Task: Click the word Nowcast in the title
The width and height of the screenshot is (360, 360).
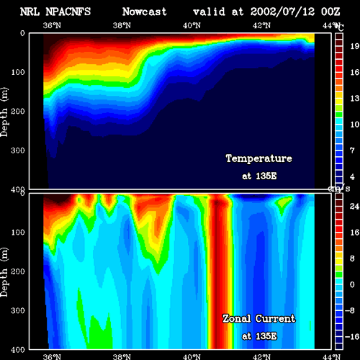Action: click(144, 12)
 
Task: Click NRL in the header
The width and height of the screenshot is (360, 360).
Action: click(30, 12)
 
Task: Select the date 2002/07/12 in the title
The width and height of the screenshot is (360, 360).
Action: click(282, 12)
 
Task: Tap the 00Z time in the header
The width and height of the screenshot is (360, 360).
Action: click(330, 12)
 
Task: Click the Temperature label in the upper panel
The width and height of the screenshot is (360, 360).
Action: click(259, 158)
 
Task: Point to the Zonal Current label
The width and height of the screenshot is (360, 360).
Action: click(259, 319)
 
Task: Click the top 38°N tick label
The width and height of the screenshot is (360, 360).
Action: click(122, 25)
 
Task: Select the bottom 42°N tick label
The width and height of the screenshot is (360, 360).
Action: click(261, 356)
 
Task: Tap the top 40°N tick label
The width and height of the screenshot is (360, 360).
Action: click(192, 25)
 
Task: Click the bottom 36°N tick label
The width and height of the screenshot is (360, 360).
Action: click(52, 356)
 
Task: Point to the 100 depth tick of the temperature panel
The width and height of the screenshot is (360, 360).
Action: click(18, 72)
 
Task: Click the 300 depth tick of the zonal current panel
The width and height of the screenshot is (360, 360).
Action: click(18, 310)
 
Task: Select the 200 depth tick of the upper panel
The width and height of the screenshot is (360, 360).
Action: click(18, 112)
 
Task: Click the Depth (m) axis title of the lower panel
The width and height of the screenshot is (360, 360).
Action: click(4, 272)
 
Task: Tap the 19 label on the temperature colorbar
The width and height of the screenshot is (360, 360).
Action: click(355, 46)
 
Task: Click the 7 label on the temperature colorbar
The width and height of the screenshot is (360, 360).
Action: click(352, 150)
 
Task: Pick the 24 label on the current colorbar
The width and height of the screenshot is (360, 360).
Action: click(354, 206)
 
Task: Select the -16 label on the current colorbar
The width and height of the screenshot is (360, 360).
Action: click(352, 337)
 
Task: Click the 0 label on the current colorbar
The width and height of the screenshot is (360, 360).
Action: click(352, 284)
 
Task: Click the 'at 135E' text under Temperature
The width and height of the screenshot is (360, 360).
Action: click(259, 176)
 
